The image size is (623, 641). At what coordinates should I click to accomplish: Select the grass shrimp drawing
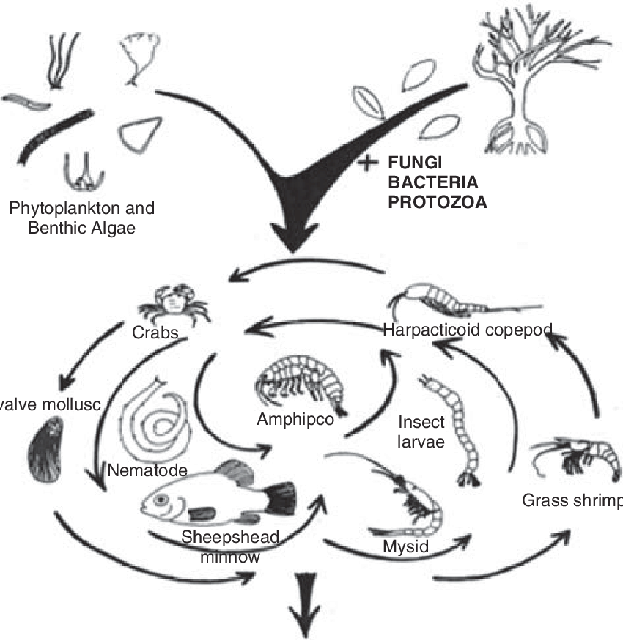575,458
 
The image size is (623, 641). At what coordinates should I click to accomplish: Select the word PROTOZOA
437,201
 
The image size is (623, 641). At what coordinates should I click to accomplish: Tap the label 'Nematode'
147,470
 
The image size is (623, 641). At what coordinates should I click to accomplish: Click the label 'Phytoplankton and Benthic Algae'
83,218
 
